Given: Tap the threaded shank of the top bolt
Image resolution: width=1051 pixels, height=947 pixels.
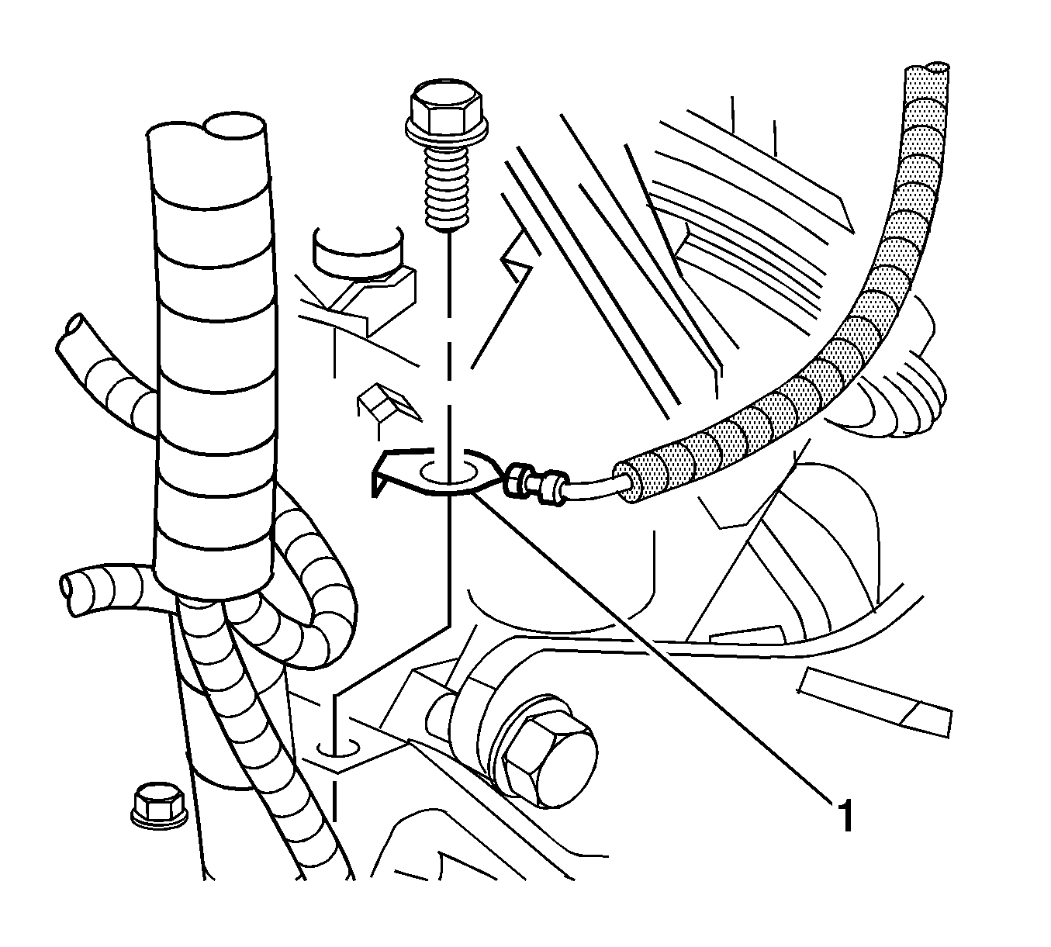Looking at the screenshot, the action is coord(447,187).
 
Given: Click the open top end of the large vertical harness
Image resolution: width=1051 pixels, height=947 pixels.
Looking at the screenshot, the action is coord(234,127).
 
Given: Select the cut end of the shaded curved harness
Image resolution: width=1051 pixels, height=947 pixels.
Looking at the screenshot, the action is coord(936,69).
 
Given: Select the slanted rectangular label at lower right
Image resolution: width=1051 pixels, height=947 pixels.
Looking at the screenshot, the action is coord(873,702).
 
